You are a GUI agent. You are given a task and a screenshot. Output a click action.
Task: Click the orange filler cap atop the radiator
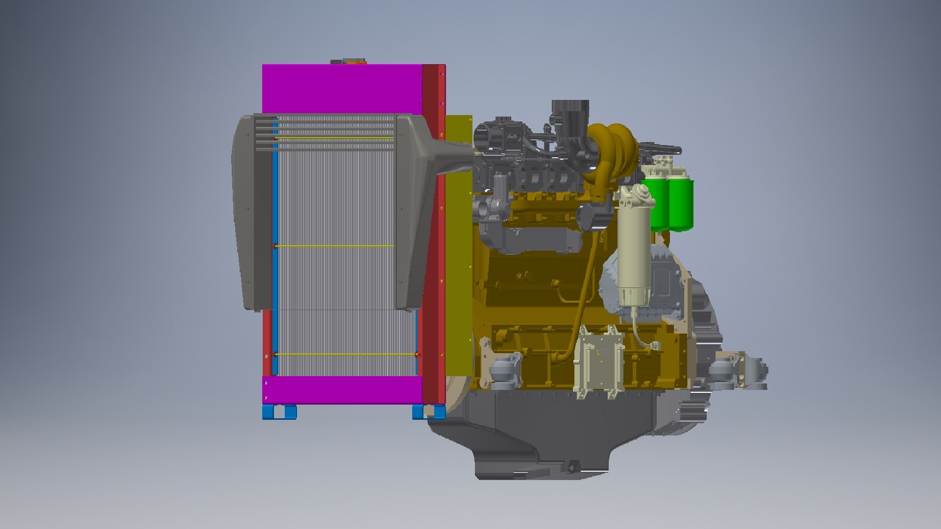355,62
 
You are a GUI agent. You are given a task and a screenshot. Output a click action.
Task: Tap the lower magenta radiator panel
343,390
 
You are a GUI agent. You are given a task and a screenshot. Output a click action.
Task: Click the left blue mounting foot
279,412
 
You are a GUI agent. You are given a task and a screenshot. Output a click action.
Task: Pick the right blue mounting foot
428,412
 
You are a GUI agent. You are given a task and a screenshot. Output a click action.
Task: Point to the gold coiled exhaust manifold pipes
613,152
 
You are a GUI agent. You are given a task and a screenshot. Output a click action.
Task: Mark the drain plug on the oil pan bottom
570,468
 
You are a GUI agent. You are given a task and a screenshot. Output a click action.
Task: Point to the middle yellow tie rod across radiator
334,246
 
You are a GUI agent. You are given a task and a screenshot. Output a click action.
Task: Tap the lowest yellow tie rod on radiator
343,354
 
